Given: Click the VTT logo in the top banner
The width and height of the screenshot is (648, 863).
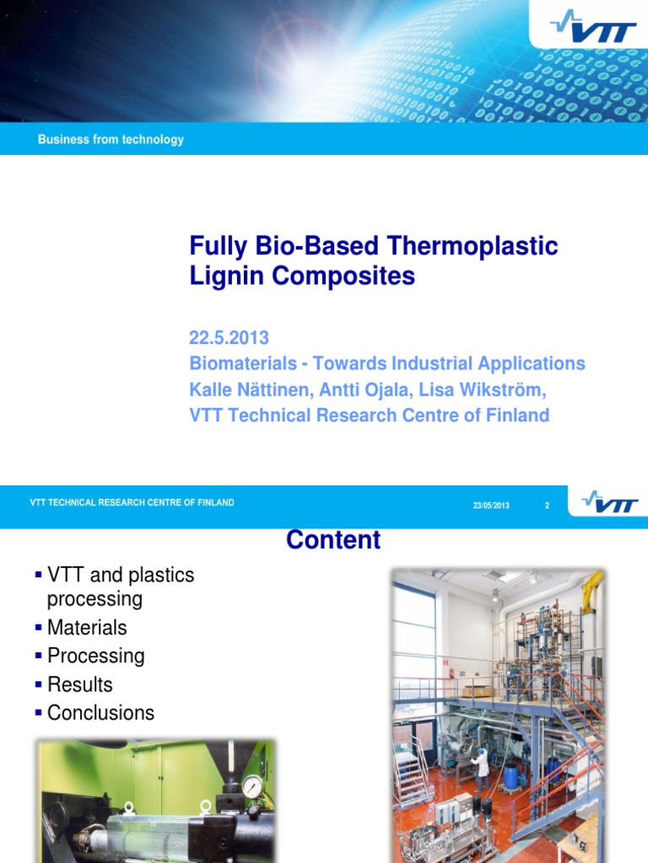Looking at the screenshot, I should [594, 29].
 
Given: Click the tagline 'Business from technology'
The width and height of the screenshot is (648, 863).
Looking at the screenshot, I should [111, 140].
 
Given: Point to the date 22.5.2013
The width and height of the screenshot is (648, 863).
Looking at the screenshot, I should [229, 338].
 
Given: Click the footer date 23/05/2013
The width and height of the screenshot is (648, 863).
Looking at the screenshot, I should [491, 506].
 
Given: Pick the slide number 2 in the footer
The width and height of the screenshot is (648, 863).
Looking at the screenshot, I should [547, 506].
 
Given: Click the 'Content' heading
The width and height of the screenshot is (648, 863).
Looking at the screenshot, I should [333, 540].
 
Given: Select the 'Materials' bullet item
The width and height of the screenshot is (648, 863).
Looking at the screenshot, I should [87, 628].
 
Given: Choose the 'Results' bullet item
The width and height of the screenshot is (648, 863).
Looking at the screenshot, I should [80, 684].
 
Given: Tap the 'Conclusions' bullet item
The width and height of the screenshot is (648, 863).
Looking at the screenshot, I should [100, 713].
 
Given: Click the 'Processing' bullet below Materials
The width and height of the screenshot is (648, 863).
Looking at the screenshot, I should [95, 656].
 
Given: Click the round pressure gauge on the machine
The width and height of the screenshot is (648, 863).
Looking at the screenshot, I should [251, 786].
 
